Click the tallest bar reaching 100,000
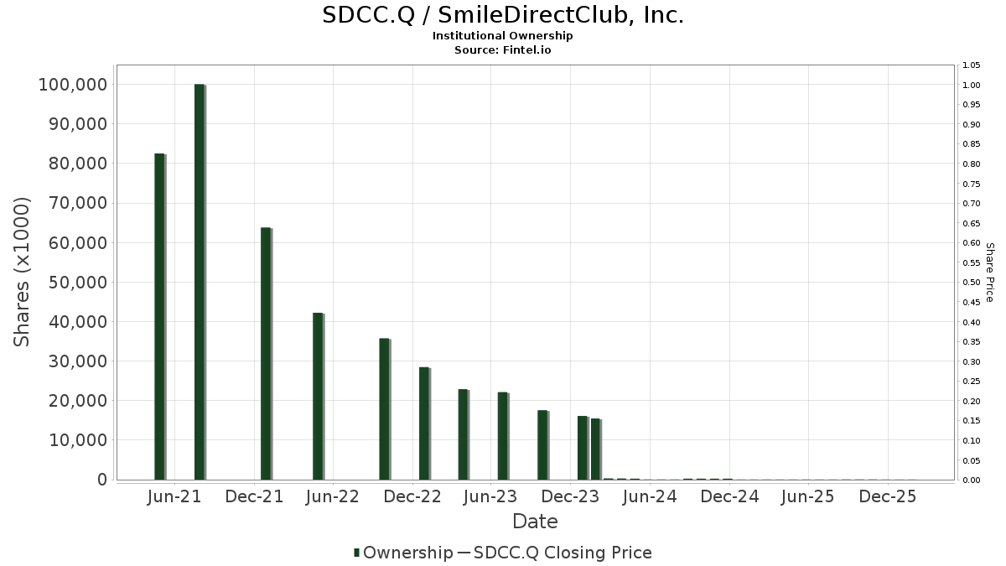click(200, 282)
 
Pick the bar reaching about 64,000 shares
click(266, 353)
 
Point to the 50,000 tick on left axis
click(72, 282)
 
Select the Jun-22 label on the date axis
click(333, 496)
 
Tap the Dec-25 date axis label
click(888, 496)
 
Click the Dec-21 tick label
click(254, 496)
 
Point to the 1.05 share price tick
click(972, 65)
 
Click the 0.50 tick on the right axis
click(972, 283)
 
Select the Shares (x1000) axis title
click(23, 272)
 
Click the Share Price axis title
click(989, 272)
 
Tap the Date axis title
click(535, 522)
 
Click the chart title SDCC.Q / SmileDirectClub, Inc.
click(503, 15)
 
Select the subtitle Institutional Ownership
click(503, 36)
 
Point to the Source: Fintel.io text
click(503, 49)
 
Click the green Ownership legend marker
click(357, 553)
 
